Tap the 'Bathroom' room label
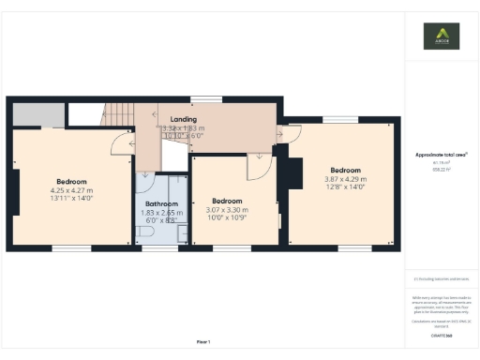coord(160,203)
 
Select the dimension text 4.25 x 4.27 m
coord(71,190)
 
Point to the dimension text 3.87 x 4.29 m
coord(345,179)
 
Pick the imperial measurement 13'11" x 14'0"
coord(71,198)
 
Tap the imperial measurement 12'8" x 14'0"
coord(345,187)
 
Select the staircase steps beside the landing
coord(119,113)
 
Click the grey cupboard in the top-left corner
coord(37,114)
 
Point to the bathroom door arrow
coord(145,174)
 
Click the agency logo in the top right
coord(442,38)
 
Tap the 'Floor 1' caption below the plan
coord(203,341)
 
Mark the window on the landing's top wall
coord(205,98)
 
